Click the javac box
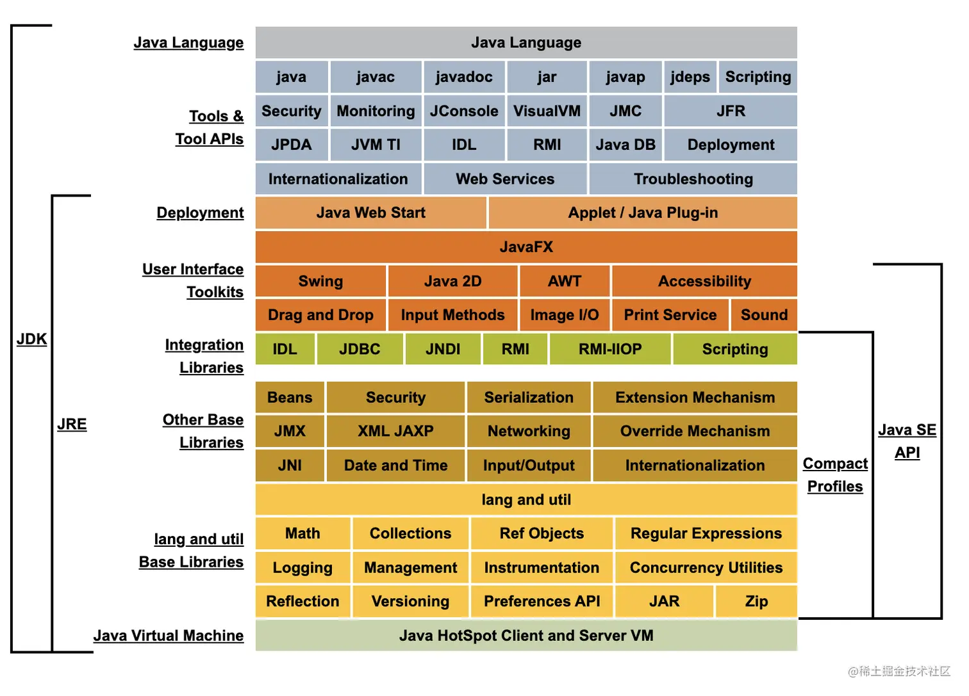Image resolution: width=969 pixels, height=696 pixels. click(376, 77)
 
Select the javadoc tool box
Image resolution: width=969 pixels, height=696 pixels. click(464, 77)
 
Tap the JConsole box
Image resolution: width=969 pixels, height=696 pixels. click(464, 111)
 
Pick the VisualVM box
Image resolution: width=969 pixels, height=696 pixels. click(547, 111)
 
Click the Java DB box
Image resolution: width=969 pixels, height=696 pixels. click(625, 145)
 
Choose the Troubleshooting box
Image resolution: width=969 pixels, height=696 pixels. click(693, 179)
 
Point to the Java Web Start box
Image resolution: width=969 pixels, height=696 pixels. click(370, 213)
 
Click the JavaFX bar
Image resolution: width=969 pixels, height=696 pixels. click(526, 247)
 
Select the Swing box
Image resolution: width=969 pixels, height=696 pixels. click(320, 281)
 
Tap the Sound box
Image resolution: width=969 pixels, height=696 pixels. click(764, 315)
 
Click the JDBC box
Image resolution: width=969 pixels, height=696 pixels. click(360, 349)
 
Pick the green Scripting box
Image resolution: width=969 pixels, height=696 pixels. click(734, 349)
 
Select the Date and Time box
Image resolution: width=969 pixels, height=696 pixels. click(395, 465)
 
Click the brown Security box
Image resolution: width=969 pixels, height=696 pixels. click(395, 398)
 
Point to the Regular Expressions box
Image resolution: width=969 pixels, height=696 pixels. click(706, 533)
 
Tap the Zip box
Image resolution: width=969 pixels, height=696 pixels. click(756, 601)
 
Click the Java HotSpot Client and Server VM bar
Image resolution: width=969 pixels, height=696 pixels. click(526, 635)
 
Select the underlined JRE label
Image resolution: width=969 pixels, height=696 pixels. click(72, 424)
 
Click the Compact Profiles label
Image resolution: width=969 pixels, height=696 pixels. click(835, 474)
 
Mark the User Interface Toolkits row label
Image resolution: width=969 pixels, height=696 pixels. click(193, 280)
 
